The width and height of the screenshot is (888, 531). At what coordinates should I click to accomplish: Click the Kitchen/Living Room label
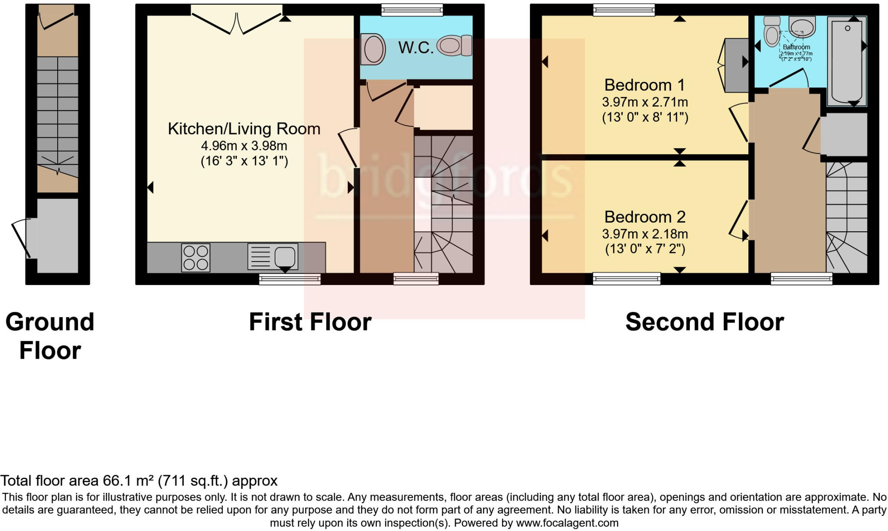pos(244,129)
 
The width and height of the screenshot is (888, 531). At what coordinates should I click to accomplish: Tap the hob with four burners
pos(196,258)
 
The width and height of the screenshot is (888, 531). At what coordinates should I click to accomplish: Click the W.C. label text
pos(415,48)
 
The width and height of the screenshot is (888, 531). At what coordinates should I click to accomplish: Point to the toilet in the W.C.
pos(454,45)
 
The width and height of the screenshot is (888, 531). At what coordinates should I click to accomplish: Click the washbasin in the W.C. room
pos(374,49)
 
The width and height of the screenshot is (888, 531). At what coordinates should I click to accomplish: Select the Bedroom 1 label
pos(644,85)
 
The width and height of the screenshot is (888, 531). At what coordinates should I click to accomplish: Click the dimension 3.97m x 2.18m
pos(644,234)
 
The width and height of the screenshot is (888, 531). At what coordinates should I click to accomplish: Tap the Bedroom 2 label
pos(644,217)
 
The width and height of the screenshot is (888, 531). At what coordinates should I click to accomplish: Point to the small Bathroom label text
pos(796,47)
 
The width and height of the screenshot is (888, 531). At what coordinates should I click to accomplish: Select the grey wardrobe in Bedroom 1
pos(737,65)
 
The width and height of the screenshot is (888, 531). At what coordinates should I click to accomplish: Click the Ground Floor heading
pos(50,336)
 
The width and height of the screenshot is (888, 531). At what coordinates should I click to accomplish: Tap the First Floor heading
pos(310,322)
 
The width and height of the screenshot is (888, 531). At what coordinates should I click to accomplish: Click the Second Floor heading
pos(704,322)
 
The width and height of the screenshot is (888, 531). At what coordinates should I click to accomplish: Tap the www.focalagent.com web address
pos(567,523)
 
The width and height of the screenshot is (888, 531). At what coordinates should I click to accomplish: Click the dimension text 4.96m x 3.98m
pos(244,146)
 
